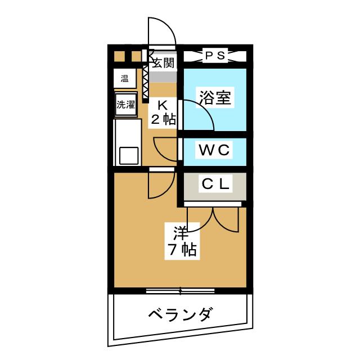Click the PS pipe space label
pyautogui.click(x=215, y=55)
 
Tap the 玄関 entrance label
pyautogui.click(x=164, y=62)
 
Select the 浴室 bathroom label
pyautogui.click(x=215, y=97)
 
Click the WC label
pyautogui.click(x=214, y=150)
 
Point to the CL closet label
pyautogui.click(x=215, y=184)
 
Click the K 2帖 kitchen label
pyautogui.click(x=163, y=112)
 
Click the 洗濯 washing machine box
pyautogui.click(x=126, y=105)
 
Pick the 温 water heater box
pyautogui.click(x=125, y=78)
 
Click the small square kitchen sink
pyautogui.click(x=129, y=156)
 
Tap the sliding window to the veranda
pyautogui.click(x=181, y=291)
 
